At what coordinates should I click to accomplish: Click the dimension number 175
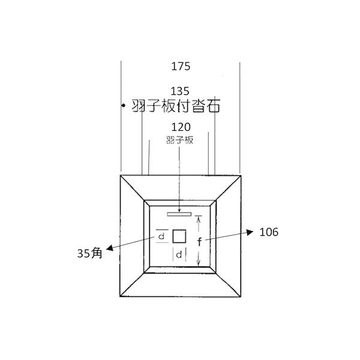pyautogui.click(x=181, y=67)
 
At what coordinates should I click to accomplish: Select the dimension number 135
pyautogui.click(x=180, y=91)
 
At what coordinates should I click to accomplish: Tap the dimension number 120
pyautogui.click(x=181, y=127)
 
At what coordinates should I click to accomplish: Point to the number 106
pyautogui.click(x=269, y=232)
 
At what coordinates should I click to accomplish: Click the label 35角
pyautogui.click(x=89, y=253)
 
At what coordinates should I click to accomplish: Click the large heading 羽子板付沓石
pyautogui.click(x=176, y=106)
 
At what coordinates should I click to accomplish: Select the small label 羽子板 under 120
pyautogui.click(x=179, y=140)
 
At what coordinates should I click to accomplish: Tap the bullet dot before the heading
pyautogui.click(x=124, y=106)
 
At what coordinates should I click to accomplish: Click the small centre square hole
pyautogui.click(x=179, y=236)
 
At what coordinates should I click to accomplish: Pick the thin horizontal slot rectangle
pyautogui.click(x=179, y=214)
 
